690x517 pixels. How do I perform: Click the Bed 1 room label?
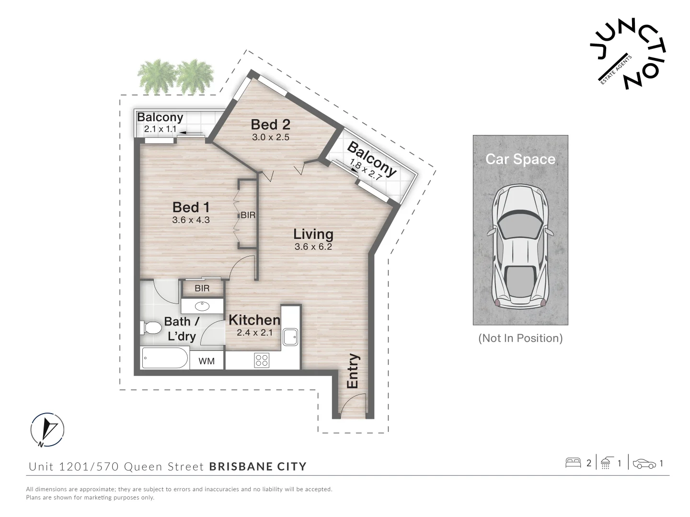click(191, 207)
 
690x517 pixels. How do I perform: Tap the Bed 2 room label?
click(270, 125)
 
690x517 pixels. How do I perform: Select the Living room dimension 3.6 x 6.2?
click(313, 247)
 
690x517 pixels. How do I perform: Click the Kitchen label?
click(254, 320)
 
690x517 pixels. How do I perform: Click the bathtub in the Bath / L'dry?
click(165, 358)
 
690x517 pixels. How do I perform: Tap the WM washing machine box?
click(207, 361)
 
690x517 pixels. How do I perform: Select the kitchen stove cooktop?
click(262, 360)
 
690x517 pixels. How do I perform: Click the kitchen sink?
click(290, 337)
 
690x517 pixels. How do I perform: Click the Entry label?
click(353, 371)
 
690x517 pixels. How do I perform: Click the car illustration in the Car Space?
click(520, 246)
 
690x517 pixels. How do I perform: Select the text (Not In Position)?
click(520, 338)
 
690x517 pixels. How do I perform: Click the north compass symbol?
click(47, 429)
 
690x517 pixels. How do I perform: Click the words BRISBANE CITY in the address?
click(258, 466)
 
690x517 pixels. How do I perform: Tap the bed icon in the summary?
click(573, 463)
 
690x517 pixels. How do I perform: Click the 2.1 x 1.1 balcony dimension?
click(161, 129)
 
